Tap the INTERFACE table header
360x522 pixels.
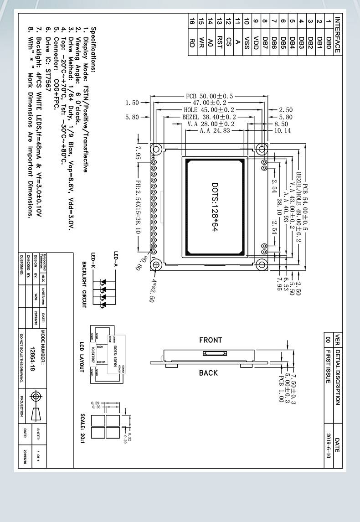pos(337,35)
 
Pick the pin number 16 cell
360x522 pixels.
pos(192,21)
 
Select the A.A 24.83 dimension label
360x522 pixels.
pos(215,130)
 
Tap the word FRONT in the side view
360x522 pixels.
pos(211,340)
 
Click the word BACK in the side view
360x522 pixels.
pos(209,373)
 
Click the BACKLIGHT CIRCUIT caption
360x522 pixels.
pos(84,285)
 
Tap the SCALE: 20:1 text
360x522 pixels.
pos(82,429)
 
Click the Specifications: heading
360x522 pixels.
pos(93,50)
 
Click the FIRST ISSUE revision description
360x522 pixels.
pos(328,367)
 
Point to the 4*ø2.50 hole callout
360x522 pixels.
pos(152,290)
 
